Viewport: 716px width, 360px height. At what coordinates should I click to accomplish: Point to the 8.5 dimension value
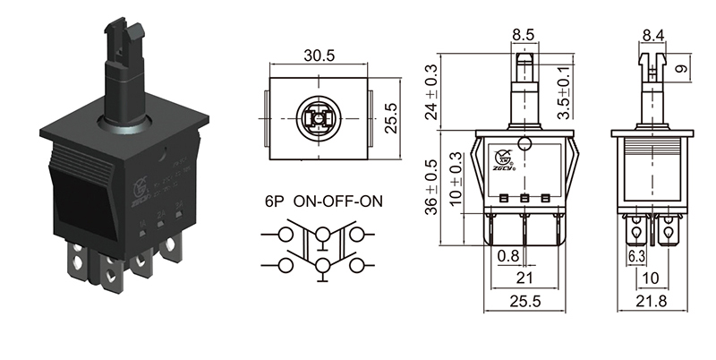[524, 37]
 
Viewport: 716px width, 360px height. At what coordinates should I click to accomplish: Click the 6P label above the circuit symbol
[274, 201]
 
